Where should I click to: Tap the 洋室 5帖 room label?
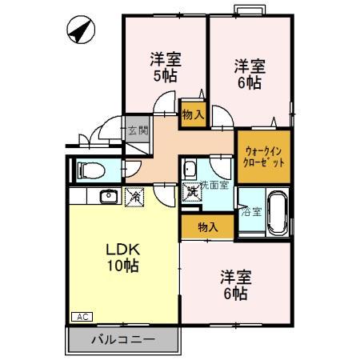pos(165,67)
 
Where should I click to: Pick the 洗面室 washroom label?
pos(214,185)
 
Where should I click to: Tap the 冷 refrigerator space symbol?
pos(134,195)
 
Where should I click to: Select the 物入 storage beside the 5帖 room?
pos(193,114)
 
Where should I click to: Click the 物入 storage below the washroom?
pos(207,226)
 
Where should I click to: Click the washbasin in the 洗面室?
pos(190,169)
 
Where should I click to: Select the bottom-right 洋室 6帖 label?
pos(236,285)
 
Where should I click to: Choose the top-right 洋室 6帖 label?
pos(250,74)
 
